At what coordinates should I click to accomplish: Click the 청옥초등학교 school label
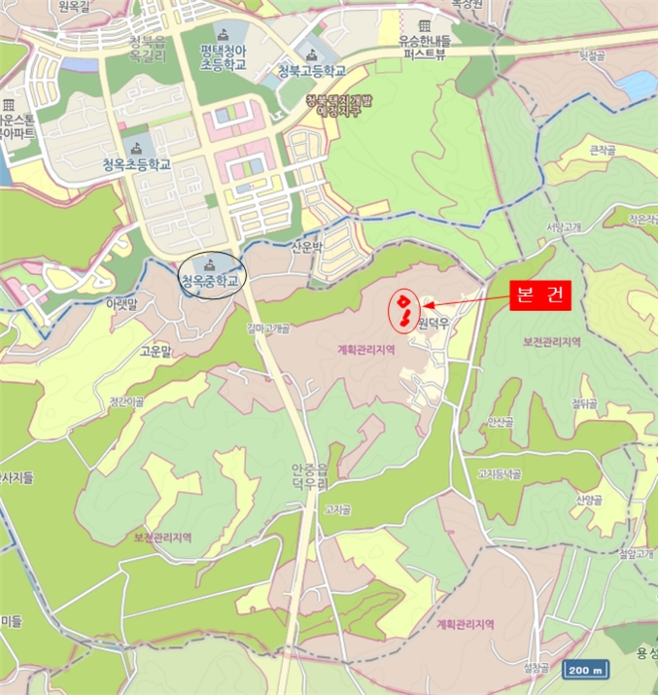(x=137, y=165)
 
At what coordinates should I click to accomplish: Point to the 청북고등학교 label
(x=313, y=71)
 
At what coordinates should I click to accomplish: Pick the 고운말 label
(x=156, y=350)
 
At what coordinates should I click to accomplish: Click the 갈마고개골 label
(x=268, y=329)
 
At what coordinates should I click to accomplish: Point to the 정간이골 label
(x=126, y=401)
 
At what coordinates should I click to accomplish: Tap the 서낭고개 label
(x=563, y=226)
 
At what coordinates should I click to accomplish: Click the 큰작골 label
(x=602, y=151)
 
